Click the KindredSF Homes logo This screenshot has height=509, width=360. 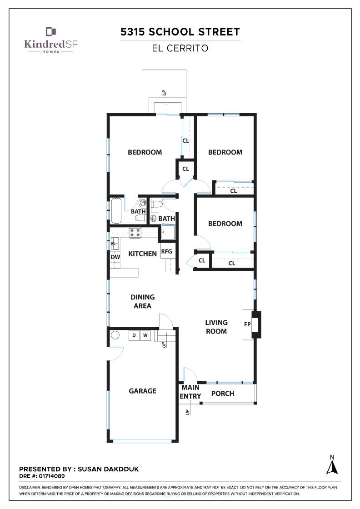[50, 40]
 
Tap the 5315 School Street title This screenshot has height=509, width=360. [180, 32]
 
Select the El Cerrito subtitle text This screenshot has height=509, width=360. [180, 48]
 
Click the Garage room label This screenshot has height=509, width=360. [143, 391]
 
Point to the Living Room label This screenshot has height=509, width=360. [216, 327]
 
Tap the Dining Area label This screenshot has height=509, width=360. [143, 301]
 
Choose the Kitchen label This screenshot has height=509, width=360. [143, 254]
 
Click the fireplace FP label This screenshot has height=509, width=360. [247, 324]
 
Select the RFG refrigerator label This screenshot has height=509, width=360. [166, 251]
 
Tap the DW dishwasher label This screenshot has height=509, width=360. [115, 257]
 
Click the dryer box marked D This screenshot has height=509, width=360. [134, 335]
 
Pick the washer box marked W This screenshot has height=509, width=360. [145, 335]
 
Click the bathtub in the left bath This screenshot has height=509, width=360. [116, 211]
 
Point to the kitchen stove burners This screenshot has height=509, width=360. [135, 233]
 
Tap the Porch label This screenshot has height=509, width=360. [223, 394]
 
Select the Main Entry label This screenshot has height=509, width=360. [190, 392]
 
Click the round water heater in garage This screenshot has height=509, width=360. [115, 335]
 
